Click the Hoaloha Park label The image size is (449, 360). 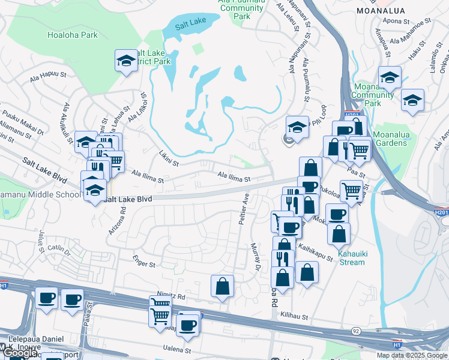(72, 35)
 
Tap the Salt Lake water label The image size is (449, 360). (190, 26)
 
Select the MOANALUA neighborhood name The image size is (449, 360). (402, 11)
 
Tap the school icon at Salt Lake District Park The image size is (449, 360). (127, 61)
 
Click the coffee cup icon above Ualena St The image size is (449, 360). (188, 325)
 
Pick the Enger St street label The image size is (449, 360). (144, 264)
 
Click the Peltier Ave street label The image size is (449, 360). (244, 209)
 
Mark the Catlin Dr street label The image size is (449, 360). (59, 247)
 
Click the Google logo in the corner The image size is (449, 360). (20, 353)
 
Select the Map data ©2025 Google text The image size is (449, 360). (411, 355)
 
